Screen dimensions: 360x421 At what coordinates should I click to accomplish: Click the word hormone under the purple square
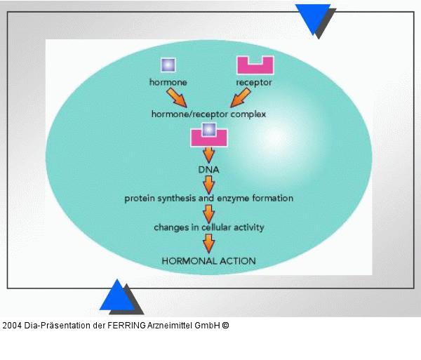168,82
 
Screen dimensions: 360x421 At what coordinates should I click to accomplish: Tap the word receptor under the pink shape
254,82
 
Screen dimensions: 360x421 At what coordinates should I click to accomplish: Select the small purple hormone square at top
168,65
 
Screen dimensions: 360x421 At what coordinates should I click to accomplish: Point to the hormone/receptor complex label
209,113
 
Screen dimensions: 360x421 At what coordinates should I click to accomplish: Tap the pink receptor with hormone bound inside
208,135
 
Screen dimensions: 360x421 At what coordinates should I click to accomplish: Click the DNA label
208,169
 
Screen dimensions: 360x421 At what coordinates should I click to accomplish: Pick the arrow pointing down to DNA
208,154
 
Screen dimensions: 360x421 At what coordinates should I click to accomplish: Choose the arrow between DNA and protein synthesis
208,184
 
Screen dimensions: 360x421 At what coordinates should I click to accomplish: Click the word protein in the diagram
140,199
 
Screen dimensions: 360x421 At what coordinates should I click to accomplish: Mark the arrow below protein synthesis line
208,213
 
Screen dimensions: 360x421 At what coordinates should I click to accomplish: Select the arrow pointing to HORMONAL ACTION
208,243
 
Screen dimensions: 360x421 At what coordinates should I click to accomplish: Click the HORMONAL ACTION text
208,260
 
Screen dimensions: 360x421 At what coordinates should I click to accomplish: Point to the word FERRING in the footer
126,326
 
